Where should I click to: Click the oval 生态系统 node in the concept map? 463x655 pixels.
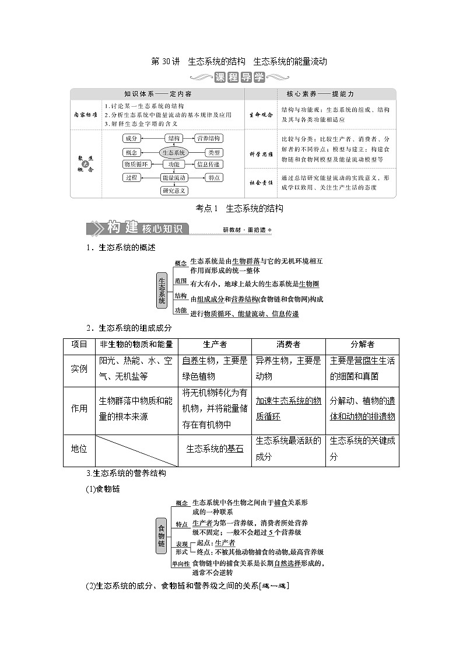pyautogui.click(x=173, y=152)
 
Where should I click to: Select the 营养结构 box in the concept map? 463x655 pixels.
pyautogui.click(x=208, y=138)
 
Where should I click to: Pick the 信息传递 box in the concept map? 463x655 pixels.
pyautogui.click(x=208, y=164)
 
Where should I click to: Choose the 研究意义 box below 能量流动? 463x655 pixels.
pyautogui.click(x=174, y=190)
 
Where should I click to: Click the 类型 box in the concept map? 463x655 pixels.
pyautogui.click(x=208, y=152)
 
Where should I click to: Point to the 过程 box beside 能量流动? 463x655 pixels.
pyautogui.click(x=131, y=177)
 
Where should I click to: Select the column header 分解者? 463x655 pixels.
pyautogui.click(x=362, y=345)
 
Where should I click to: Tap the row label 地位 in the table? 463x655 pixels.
pyautogui.click(x=79, y=449)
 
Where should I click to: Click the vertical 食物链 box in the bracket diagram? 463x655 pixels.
pyautogui.click(x=162, y=535)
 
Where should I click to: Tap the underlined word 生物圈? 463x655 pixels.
pyautogui.click(x=308, y=284)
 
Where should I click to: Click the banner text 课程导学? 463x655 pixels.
pyautogui.click(x=239, y=78)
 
